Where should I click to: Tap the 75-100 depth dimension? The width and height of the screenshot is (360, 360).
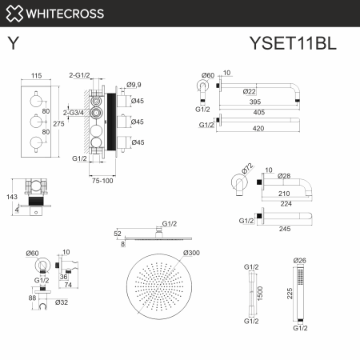point(102,181)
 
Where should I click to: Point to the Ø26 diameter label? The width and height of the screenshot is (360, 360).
point(300,260)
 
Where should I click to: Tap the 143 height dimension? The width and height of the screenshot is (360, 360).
point(10,196)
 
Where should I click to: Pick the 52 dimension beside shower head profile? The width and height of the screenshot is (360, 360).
point(118,234)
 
